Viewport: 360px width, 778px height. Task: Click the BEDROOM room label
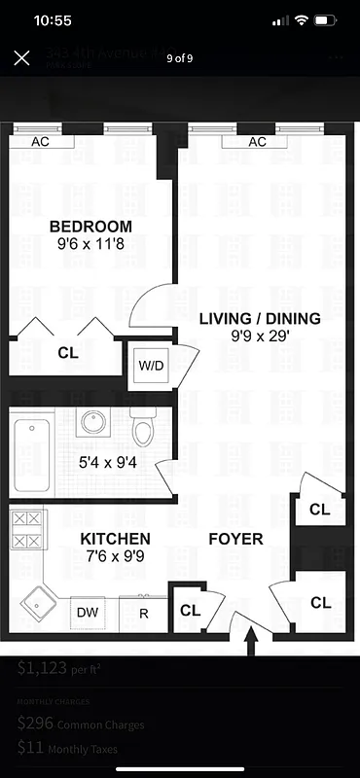(x=90, y=227)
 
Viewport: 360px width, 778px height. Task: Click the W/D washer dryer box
(x=151, y=367)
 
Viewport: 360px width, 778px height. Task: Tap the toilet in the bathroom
(x=144, y=428)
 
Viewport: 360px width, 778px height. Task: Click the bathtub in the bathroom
(x=33, y=454)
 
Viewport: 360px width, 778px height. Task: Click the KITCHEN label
(x=115, y=539)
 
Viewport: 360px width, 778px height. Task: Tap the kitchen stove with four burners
(x=26, y=530)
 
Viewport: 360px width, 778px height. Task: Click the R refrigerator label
(x=143, y=614)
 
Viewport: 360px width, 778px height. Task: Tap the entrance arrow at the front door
(x=252, y=642)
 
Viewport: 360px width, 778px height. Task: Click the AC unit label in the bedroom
(x=41, y=142)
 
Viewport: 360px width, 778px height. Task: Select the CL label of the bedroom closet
(x=67, y=354)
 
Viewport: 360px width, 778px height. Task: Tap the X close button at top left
(x=21, y=57)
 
